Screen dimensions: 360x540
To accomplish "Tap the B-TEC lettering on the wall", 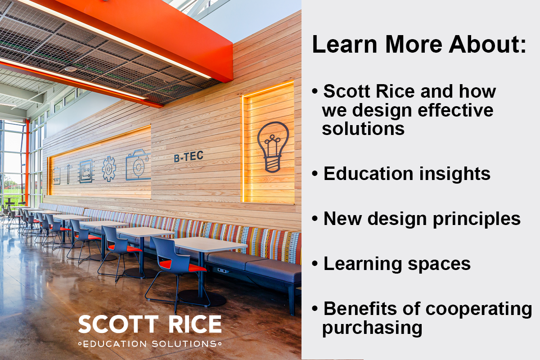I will click(x=189, y=157).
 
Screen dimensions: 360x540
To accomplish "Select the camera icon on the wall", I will click(x=138, y=165).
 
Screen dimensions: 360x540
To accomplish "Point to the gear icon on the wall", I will click(x=109, y=169).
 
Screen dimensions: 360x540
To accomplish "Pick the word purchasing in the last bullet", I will click(x=372, y=328).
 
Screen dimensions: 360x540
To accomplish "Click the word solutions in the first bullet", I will click(x=363, y=129).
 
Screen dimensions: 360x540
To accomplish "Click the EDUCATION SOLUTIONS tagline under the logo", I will click(x=150, y=344).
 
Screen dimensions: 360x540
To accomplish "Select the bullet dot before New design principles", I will click(x=315, y=219).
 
